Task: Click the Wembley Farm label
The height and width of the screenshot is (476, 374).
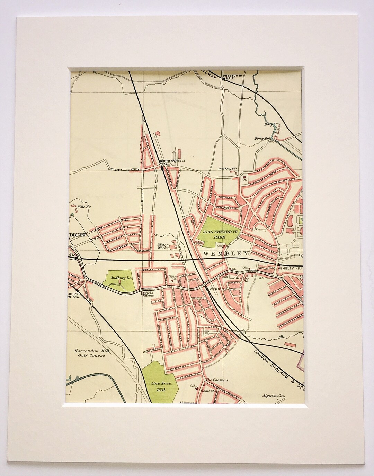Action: (227, 169)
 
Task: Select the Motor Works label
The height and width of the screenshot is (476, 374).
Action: (163, 246)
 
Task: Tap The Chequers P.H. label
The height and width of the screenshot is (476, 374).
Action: (217, 381)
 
